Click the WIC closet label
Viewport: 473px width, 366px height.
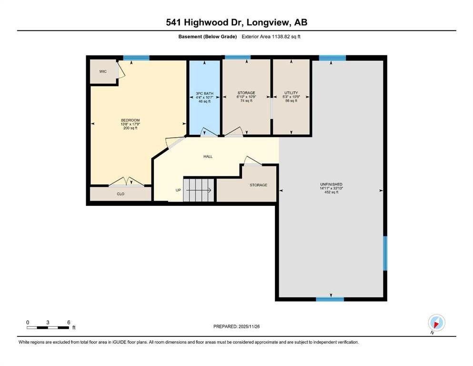[103, 71]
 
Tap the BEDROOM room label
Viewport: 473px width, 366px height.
[130, 120]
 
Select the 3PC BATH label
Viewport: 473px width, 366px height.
[205, 93]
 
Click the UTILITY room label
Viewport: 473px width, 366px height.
[291, 93]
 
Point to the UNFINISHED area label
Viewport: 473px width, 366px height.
[331, 184]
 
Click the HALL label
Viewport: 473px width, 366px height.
[208, 156]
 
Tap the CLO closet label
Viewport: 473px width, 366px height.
[121, 194]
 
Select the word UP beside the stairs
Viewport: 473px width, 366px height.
[178, 190]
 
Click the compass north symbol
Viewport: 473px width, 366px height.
[436, 323]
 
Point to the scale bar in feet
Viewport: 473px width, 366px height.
[48, 327]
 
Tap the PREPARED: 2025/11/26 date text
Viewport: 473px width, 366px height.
[236, 326]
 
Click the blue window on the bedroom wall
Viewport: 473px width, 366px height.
[136, 58]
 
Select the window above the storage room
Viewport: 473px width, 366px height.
[237, 58]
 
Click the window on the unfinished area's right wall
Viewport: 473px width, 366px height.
[385, 254]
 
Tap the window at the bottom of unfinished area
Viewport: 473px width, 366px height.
[330, 299]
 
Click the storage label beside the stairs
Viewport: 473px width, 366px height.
[258, 185]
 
